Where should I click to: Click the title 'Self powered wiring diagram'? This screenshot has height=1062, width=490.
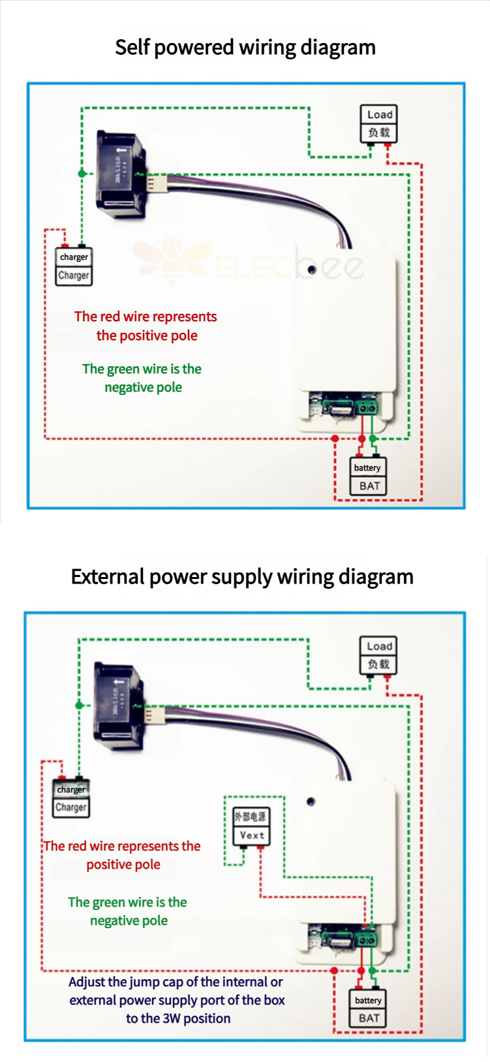(245, 48)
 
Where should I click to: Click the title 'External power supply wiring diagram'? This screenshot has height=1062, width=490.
(242, 577)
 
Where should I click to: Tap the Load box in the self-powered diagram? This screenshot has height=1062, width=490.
(379, 123)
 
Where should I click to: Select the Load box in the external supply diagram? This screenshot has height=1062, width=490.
(378, 655)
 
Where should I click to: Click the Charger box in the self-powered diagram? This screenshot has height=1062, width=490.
(74, 266)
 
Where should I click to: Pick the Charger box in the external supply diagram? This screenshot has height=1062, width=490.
(71, 798)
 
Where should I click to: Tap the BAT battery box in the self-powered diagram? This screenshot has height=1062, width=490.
(369, 477)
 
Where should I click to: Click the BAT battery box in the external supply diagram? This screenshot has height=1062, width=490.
(369, 1009)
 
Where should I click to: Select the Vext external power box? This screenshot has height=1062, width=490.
(251, 826)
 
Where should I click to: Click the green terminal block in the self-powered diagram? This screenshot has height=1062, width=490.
(367, 409)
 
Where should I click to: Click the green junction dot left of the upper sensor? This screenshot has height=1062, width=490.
(82, 174)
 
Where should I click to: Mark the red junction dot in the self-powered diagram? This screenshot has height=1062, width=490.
(335, 439)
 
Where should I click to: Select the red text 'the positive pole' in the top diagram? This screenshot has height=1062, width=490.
(147, 336)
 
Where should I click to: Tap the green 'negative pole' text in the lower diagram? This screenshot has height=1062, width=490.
(129, 920)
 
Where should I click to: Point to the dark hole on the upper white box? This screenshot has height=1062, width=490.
(312, 270)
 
